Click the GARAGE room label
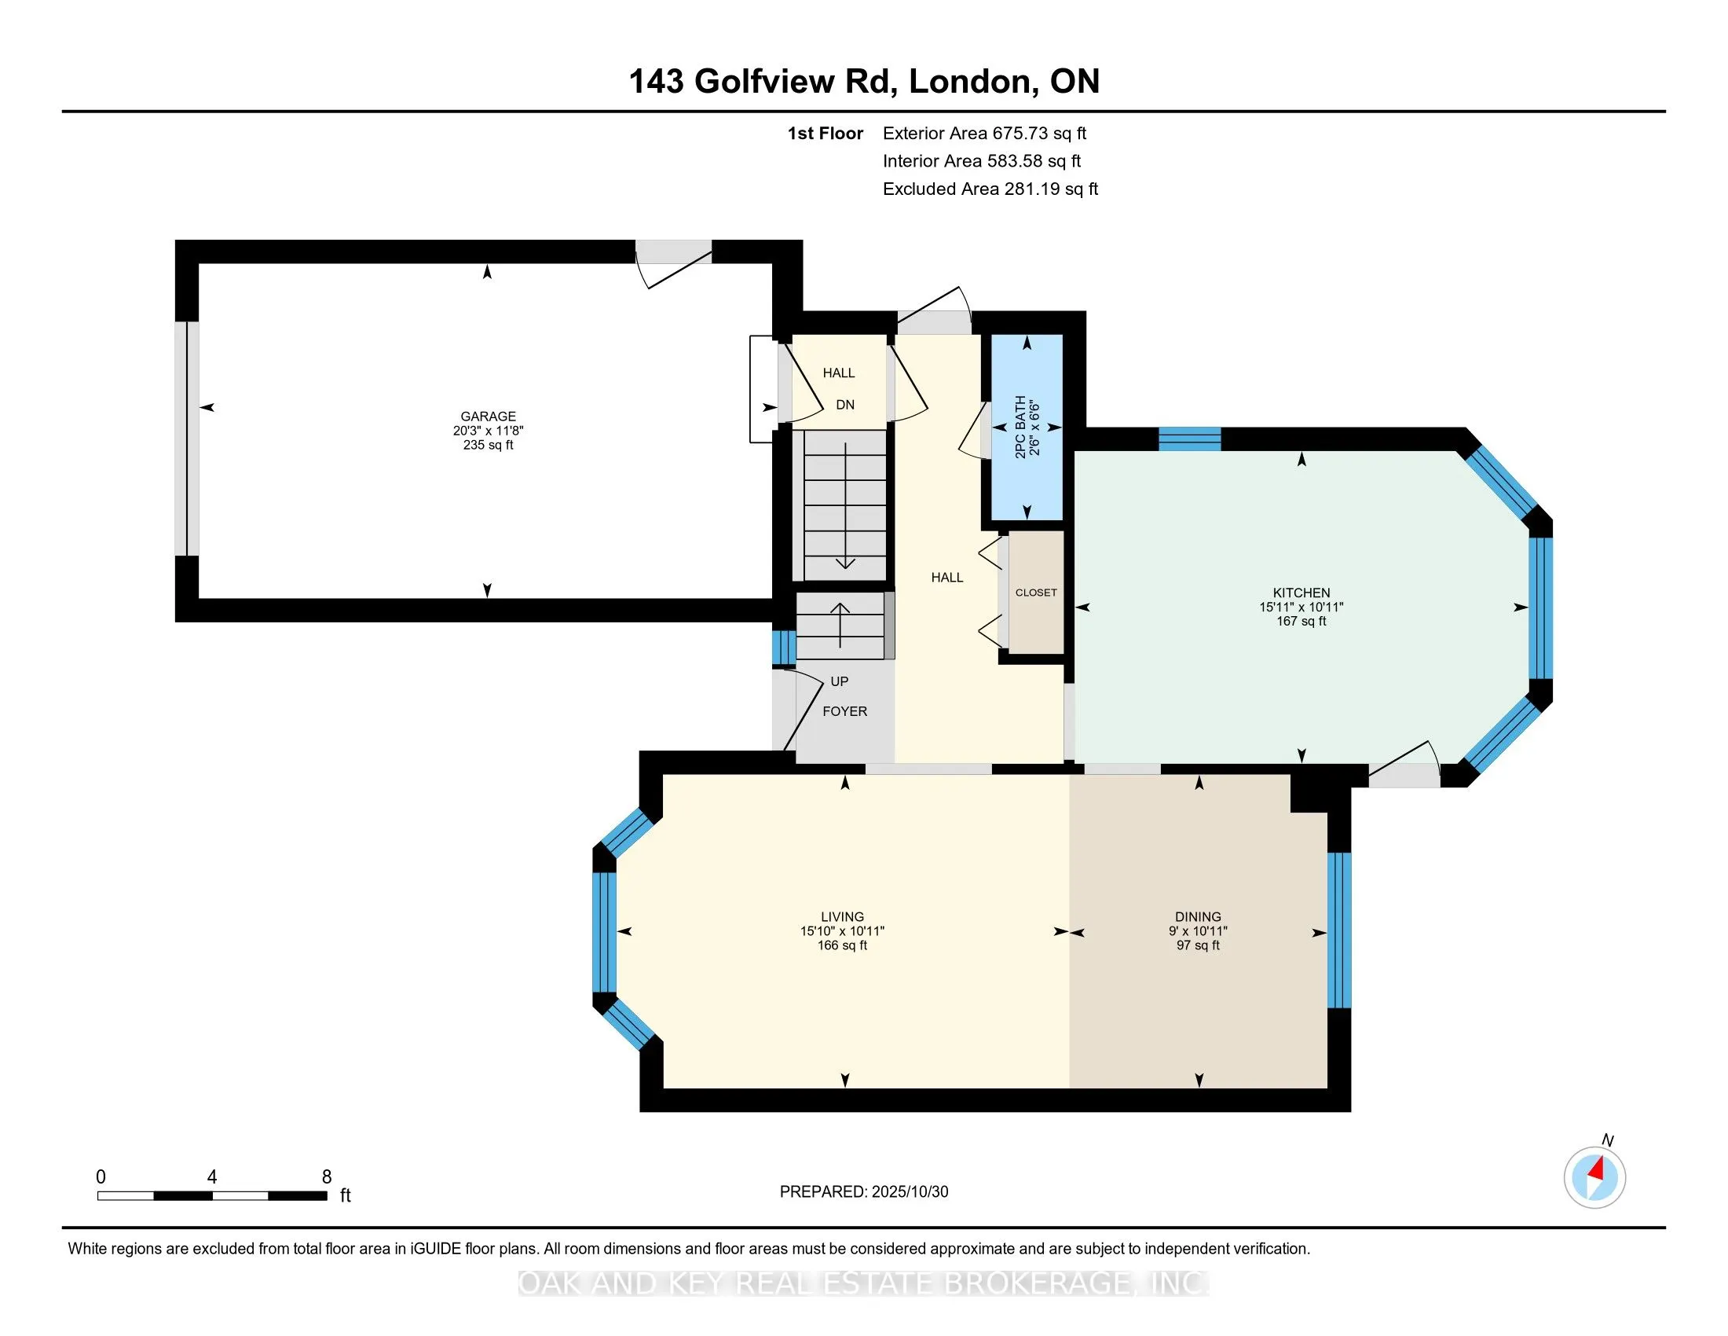point(489,417)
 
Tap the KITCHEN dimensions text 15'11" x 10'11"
point(1301,607)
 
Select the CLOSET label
point(1036,593)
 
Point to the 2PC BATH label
point(1020,428)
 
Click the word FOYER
point(844,711)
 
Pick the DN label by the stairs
point(845,406)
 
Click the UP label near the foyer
point(839,681)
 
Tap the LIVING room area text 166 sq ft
point(842,945)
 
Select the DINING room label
point(1197,916)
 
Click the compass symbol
point(1594,1177)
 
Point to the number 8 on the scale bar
point(327,1177)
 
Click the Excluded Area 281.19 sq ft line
point(990,189)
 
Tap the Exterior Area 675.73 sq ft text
point(984,134)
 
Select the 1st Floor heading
point(825,134)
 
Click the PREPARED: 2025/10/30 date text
point(863,1192)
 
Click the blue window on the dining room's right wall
point(1338,930)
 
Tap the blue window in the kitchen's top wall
point(1189,439)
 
